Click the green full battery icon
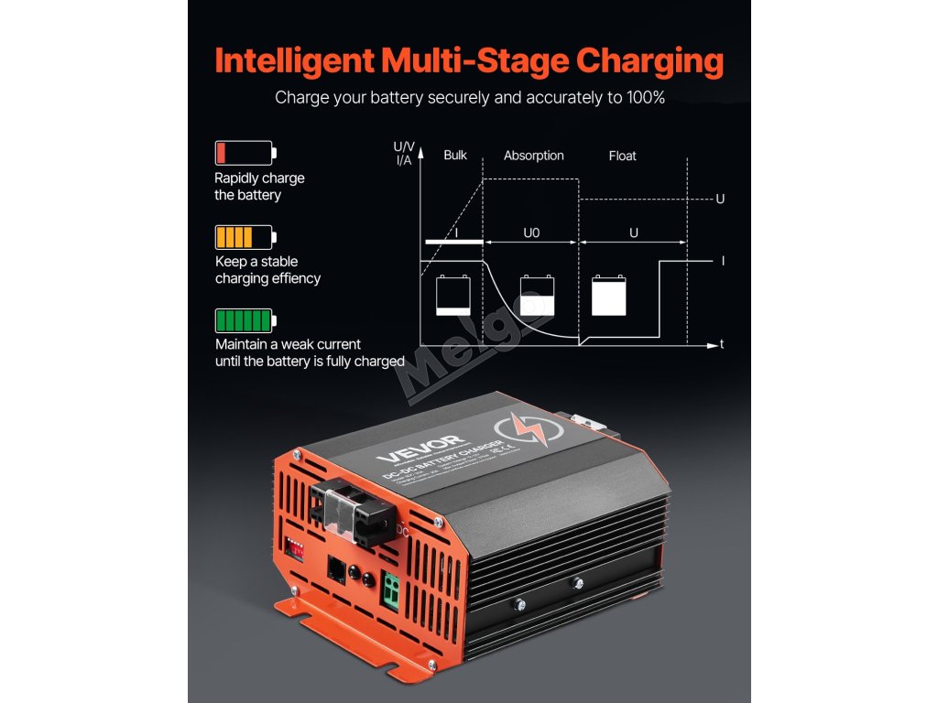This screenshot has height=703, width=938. point(245,319)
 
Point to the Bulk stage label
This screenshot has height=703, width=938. point(455,156)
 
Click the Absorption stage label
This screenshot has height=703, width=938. point(534,156)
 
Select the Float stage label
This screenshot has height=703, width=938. point(622,156)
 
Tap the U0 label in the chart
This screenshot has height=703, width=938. point(531,233)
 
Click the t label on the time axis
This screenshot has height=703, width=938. point(723,345)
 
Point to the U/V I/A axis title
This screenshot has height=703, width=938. point(403,153)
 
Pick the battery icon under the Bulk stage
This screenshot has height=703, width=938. point(453,296)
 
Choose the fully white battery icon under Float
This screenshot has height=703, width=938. point(609,296)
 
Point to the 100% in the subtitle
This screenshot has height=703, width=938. point(640,97)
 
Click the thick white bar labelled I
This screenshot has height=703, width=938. point(453,242)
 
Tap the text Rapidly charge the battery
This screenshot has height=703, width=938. point(259,186)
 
